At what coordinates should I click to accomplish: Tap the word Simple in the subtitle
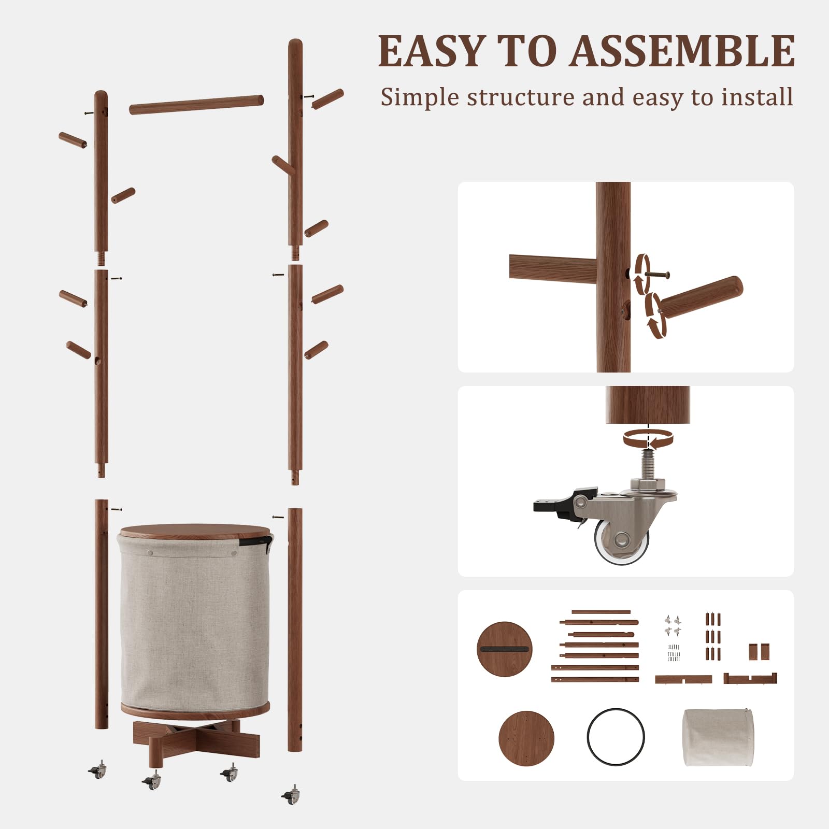point(420,97)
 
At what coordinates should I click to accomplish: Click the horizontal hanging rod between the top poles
point(196,104)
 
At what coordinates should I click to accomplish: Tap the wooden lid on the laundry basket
point(195,532)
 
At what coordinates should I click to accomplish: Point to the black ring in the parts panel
point(616,736)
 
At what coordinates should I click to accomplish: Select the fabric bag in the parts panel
point(718,737)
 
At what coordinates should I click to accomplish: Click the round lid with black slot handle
point(504,649)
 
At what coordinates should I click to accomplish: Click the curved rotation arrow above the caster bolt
point(648,439)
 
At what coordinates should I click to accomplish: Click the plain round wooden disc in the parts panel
point(526,737)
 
